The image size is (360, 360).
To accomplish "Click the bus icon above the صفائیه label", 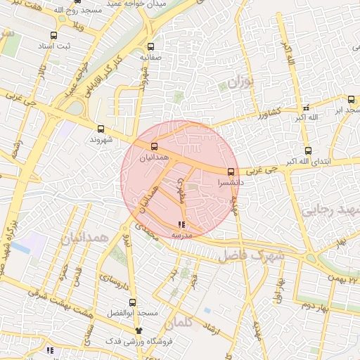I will click(x=150, y=47).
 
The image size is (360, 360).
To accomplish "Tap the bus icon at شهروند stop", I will click(x=101, y=129).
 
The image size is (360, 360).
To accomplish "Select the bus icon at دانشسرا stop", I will click(x=231, y=172).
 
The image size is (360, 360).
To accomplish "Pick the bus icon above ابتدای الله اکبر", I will click(x=308, y=151).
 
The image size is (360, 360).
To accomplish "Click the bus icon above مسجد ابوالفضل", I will click(x=132, y=303).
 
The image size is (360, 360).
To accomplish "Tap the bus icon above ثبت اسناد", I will click(x=54, y=35).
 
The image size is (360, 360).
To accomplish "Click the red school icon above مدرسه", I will click(x=182, y=225).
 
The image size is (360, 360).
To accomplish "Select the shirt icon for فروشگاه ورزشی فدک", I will click(x=139, y=330).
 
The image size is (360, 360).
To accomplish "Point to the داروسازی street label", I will click(x=112, y=284).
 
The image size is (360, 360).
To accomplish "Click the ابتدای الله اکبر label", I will click(x=307, y=163).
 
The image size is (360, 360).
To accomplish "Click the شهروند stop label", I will click(x=101, y=140).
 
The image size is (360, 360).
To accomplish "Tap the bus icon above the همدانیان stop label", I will click(x=154, y=146).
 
